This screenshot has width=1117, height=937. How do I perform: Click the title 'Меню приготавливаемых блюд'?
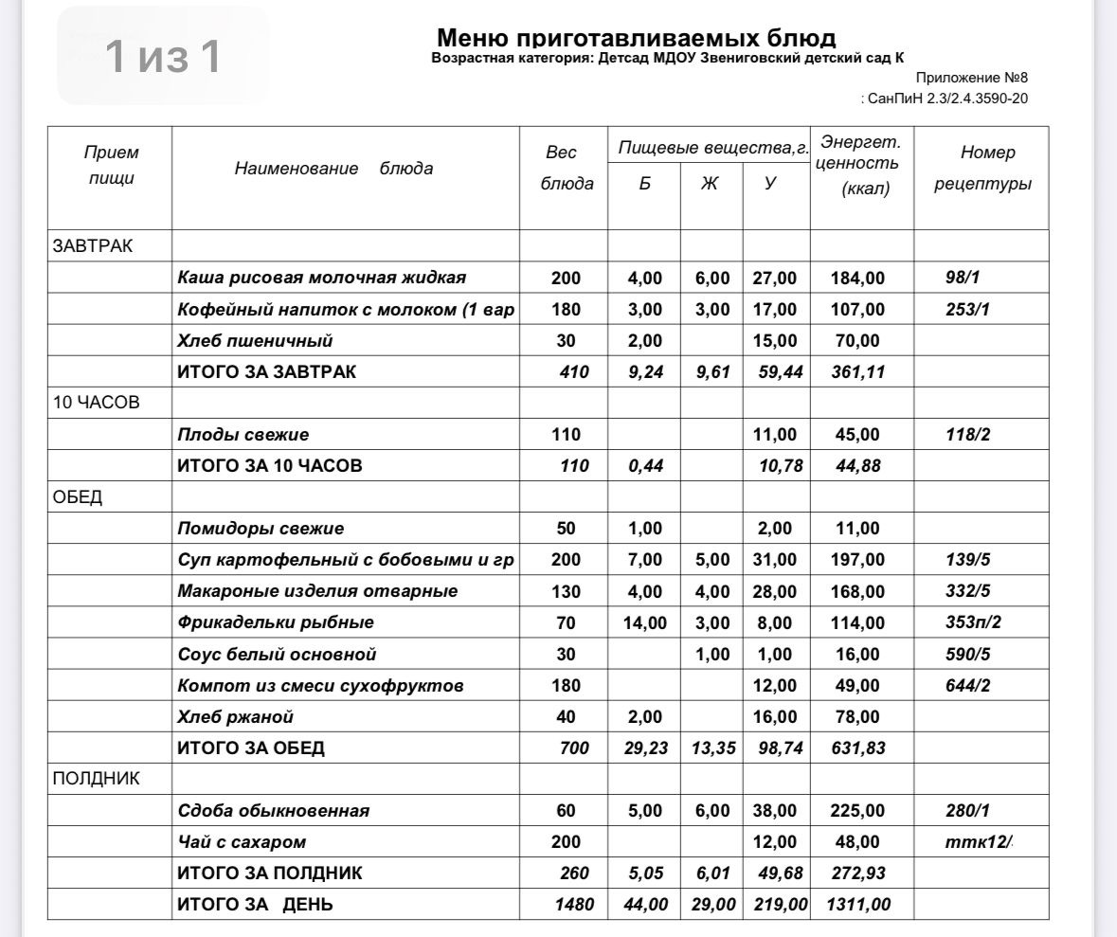tap(636, 38)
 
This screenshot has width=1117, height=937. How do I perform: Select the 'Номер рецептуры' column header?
tap(982, 168)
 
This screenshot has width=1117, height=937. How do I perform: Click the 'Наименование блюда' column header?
tap(333, 169)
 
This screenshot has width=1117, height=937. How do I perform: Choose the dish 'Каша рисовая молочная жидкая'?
tap(321, 278)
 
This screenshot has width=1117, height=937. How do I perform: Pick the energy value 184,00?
tap(857, 279)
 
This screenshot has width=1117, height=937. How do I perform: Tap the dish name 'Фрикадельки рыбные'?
tap(276, 622)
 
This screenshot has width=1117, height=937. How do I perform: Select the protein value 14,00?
tap(644, 622)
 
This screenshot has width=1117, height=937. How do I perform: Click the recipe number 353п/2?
tap(973, 622)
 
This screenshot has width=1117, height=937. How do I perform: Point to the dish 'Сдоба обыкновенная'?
tap(273, 811)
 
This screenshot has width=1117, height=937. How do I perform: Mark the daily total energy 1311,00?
tap(856, 905)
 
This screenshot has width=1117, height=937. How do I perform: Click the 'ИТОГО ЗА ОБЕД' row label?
tap(251, 748)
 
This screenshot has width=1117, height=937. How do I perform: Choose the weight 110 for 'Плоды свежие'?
tap(566, 435)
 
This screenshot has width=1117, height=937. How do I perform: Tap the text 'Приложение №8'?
tap(971, 78)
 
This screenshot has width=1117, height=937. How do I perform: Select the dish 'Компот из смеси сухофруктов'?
tap(320, 685)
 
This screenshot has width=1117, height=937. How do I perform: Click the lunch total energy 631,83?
tap(856, 748)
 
